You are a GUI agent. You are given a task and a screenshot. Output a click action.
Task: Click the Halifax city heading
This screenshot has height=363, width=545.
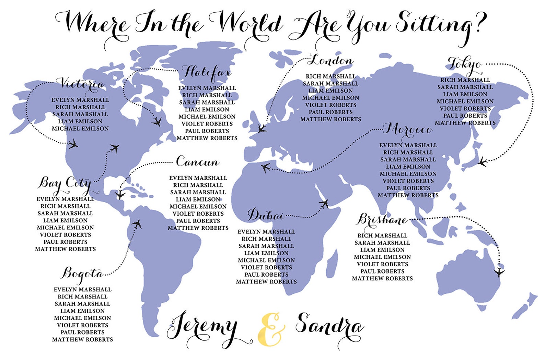click(206, 73)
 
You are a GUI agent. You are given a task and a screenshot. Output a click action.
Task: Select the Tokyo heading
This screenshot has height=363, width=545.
click(465, 64)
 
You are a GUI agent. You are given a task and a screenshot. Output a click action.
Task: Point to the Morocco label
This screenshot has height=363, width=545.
click(408, 130)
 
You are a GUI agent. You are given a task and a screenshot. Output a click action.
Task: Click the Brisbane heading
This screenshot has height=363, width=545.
click(382, 220)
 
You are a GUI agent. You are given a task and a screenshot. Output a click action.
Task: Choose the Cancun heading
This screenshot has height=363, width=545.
click(198, 161)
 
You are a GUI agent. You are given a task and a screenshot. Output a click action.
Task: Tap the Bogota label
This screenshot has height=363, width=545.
click(83, 274)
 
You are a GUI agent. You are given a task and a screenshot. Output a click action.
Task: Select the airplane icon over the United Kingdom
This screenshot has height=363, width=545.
click(262, 129)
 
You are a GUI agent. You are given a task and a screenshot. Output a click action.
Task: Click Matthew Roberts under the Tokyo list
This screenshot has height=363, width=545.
click(465, 123)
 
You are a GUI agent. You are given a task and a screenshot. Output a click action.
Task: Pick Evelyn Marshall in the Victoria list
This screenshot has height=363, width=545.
click(80, 100)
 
